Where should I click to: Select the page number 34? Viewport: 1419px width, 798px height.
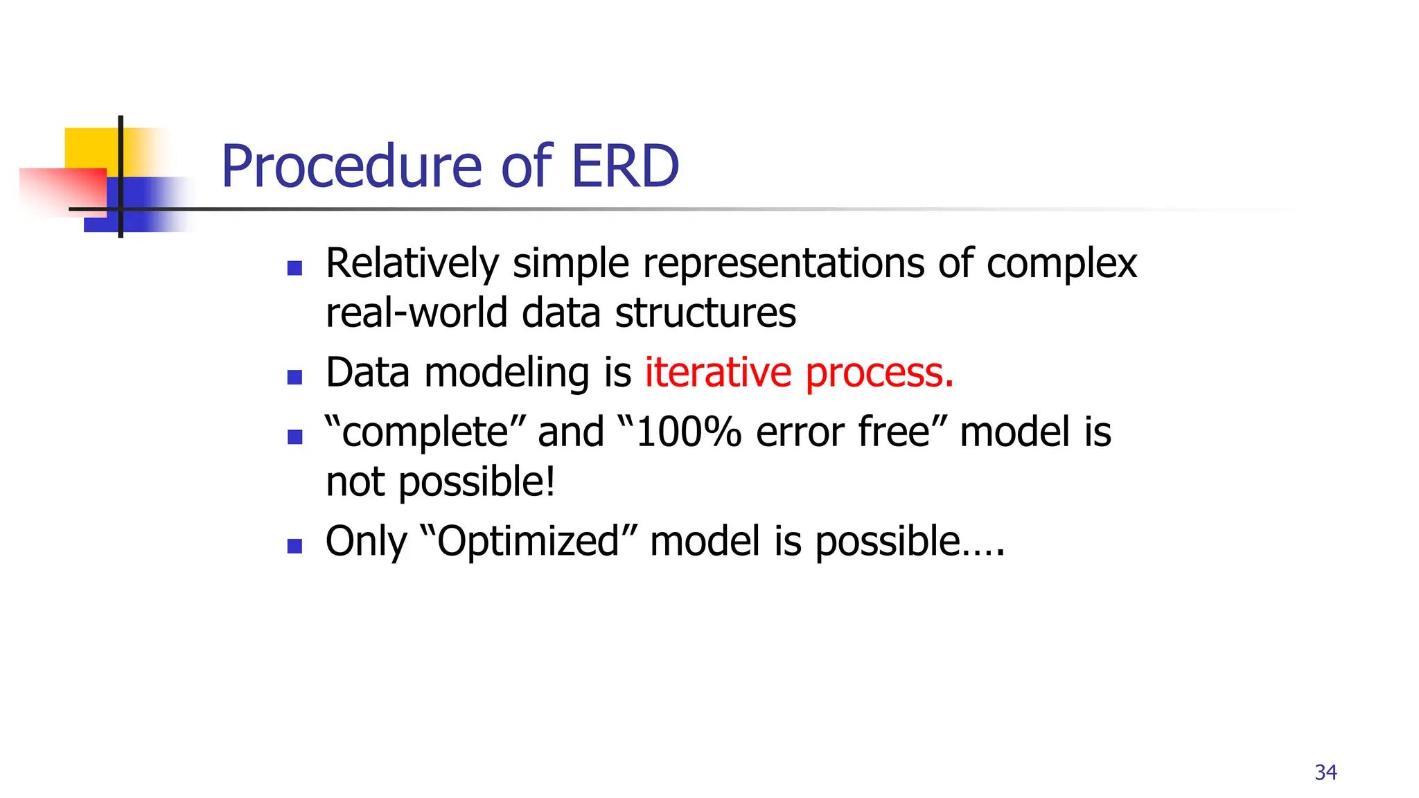click(1325, 772)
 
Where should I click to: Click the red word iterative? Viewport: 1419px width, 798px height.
click(718, 373)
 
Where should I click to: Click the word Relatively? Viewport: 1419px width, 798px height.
click(412, 264)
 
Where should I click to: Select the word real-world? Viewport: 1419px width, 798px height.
click(417, 313)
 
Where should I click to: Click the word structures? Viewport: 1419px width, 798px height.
click(705, 313)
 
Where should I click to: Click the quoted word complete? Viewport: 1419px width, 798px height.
click(425, 433)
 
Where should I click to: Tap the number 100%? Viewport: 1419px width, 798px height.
click(689, 432)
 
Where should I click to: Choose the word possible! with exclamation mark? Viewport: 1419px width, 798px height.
click(477, 483)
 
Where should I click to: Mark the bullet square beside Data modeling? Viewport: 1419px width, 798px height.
click(295, 378)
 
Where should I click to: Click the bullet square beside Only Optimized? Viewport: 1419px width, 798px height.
click(295, 546)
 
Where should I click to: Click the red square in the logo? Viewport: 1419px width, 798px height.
click(62, 191)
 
